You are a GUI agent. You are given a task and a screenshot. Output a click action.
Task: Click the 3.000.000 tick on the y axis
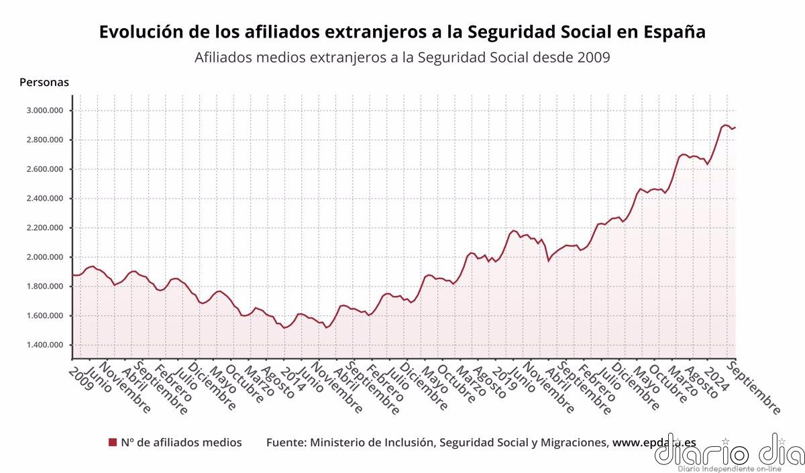[x=45, y=111]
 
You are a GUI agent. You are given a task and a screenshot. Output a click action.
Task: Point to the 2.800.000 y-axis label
[x=45, y=140]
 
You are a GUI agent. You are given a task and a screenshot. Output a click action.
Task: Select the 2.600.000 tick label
[x=45, y=169]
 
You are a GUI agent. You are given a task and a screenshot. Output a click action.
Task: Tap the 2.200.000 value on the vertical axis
[x=45, y=228]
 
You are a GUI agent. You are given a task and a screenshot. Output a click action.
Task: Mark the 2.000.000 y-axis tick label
[x=45, y=257]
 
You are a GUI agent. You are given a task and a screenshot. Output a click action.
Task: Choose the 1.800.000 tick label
[x=45, y=286]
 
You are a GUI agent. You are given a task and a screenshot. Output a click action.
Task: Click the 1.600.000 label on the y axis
[x=45, y=316]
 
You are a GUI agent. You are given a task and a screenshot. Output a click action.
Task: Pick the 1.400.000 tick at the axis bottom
[x=45, y=346]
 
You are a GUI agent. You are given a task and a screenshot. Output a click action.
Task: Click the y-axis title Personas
[x=44, y=83]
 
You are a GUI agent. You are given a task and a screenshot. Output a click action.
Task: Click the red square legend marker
[x=113, y=442]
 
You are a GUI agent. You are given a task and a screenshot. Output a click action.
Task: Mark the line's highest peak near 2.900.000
[x=726, y=125]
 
